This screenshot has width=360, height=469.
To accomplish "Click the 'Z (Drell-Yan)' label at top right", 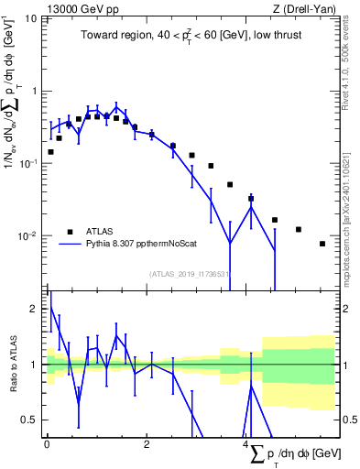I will click(x=303, y=8).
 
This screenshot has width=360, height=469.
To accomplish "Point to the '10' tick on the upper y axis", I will click(x=31, y=19).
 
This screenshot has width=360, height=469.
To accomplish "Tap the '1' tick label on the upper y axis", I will click(x=35, y=91).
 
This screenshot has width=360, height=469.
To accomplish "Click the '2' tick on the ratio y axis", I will click(x=35, y=309).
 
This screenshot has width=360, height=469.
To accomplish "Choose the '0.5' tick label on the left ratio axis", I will click(x=30, y=420).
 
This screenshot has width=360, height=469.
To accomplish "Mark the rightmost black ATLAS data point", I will click(x=322, y=244).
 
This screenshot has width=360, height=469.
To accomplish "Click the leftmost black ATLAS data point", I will click(x=50, y=152).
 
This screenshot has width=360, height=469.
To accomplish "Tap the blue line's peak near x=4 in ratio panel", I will click(x=251, y=382).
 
